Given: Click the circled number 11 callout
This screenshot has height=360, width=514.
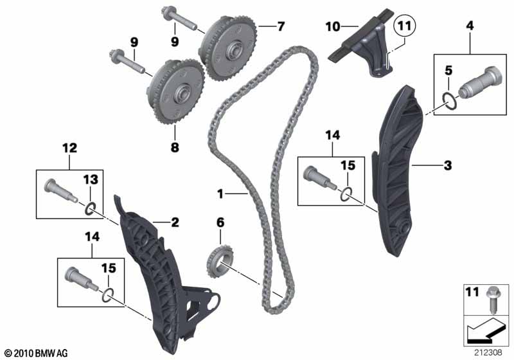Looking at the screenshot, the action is point(405,26).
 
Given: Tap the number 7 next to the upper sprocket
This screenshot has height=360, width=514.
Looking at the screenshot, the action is point(281,26).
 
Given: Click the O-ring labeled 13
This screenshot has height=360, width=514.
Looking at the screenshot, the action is point(90,208).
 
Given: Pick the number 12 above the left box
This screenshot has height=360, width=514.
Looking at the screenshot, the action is point(70,148).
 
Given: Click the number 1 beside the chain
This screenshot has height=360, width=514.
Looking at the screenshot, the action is point(220,194).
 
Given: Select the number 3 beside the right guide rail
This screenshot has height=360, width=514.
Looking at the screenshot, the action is point(447,165).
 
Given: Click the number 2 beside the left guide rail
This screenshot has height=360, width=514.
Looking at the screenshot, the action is point(175,222).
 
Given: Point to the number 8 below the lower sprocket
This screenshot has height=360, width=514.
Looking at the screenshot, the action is point(175,147).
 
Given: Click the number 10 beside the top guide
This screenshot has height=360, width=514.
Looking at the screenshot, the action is point(333,26).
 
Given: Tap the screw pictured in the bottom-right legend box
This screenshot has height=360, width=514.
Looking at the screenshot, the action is point(492,300).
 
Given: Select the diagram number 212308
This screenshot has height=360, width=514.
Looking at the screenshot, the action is point(488,352).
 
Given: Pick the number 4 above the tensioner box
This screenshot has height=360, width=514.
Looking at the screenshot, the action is point(470,26).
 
